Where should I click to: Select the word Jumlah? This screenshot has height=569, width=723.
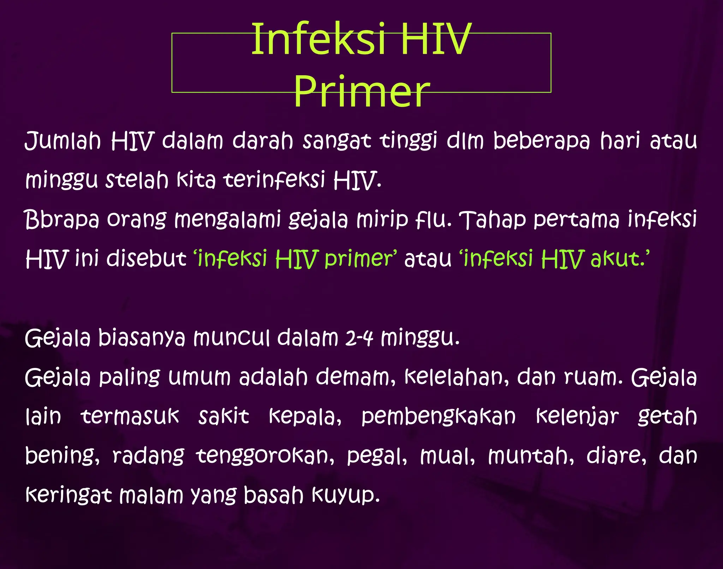point(63,141)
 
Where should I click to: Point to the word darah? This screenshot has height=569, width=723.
point(263,141)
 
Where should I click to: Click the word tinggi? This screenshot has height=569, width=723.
point(408,141)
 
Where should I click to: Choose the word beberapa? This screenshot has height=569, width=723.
point(541,141)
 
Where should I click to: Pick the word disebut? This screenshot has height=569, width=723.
point(146,259)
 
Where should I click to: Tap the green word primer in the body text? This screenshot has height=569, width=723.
point(359,259)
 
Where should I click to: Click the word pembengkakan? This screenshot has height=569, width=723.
point(438,416)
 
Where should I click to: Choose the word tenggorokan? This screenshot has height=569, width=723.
point(265,456)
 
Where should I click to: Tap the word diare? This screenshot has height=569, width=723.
point(616,456)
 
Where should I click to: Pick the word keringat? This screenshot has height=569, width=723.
point(68,495)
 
